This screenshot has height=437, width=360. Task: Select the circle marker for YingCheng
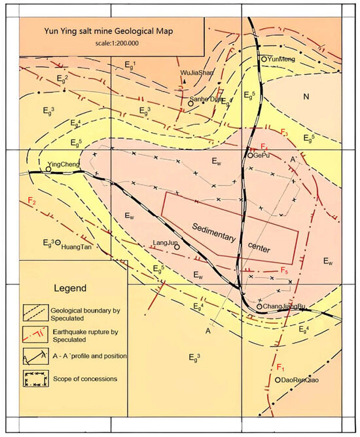pos(48,169)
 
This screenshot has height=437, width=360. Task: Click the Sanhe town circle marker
pos(190,104)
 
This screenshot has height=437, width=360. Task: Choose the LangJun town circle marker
pos(177,248)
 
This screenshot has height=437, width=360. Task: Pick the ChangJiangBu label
pos(285,306)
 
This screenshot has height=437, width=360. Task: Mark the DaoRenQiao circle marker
pos(278,380)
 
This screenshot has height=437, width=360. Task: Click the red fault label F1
pos(279,366)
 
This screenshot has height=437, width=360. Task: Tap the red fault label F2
pos(32,201)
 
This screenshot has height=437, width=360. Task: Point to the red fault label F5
pos(283,270)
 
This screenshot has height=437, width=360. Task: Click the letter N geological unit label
pos(305,97)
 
